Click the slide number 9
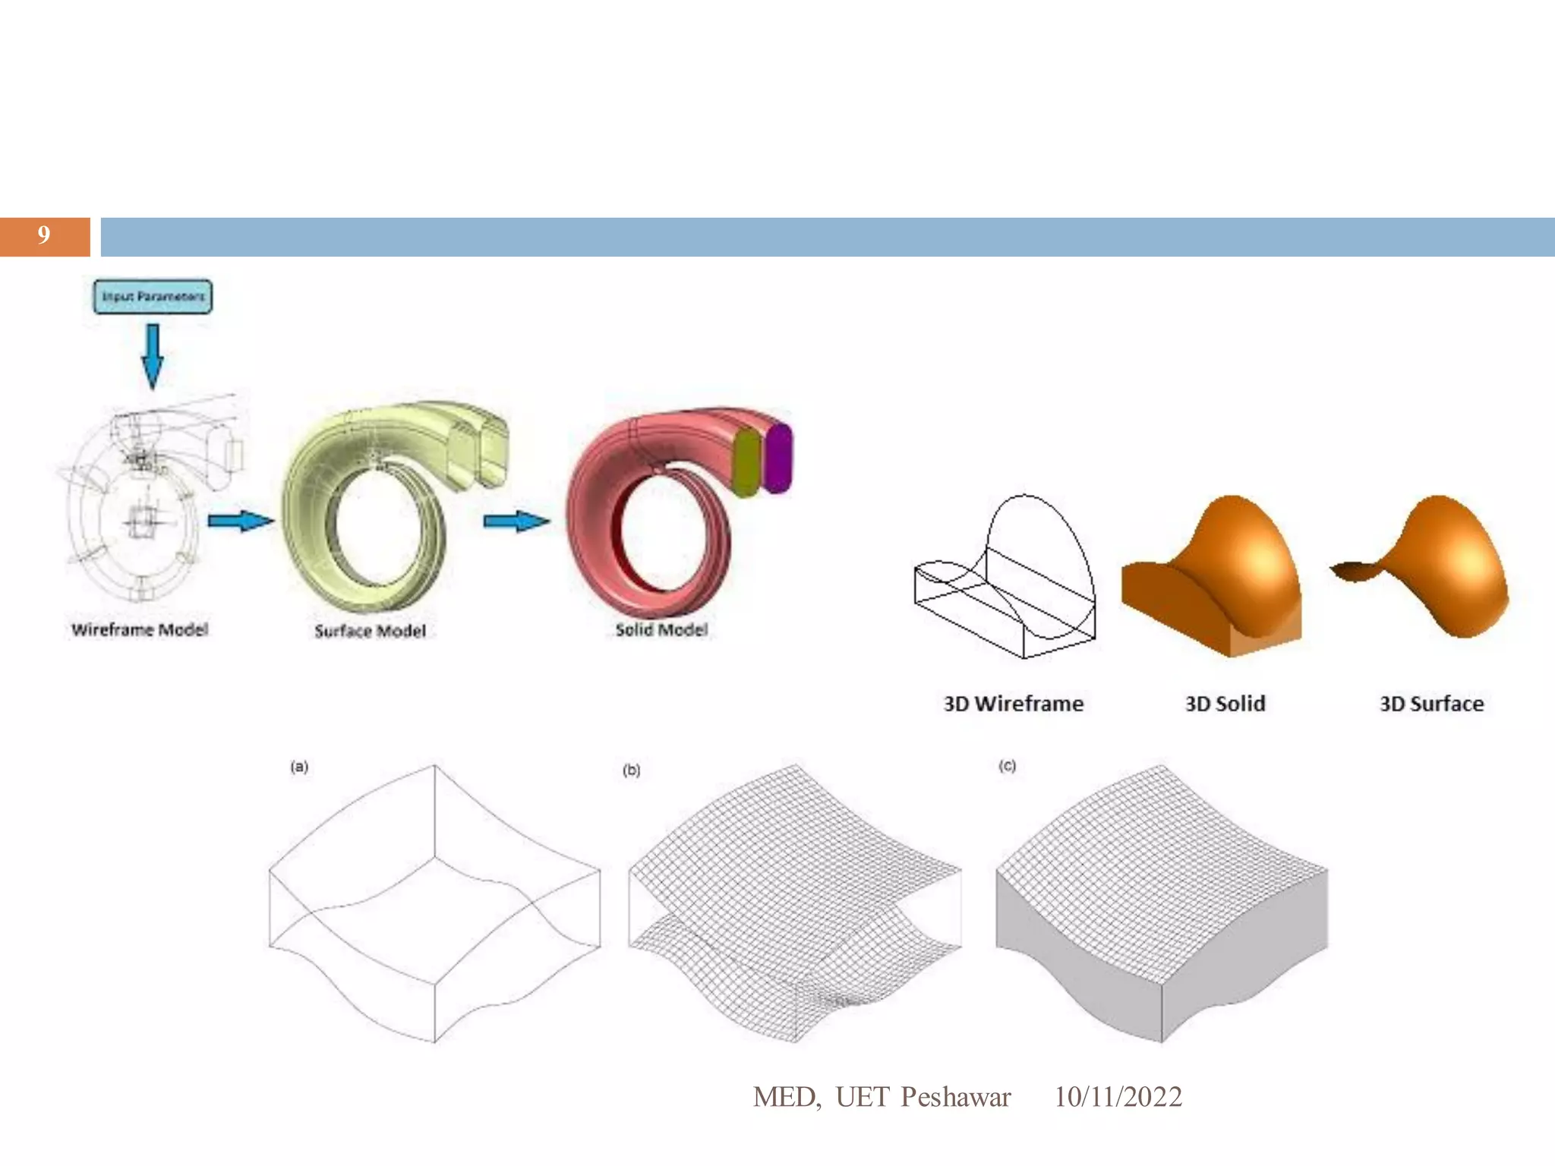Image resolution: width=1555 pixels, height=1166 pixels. (x=44, y=235)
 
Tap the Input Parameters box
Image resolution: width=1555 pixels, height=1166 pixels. (x=153, y=297)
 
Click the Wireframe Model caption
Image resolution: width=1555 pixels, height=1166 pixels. (x=140, y=629)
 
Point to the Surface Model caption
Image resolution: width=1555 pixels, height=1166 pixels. (x=370, y=631)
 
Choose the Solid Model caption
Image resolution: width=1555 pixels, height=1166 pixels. (x=661, y=629)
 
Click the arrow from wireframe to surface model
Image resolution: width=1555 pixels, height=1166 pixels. (x=241, y=521)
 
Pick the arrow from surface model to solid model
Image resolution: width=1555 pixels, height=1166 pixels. (x=516, y=521)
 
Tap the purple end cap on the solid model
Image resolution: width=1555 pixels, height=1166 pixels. (x=778, y=459)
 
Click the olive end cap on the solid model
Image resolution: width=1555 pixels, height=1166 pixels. (x=747, y=463)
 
